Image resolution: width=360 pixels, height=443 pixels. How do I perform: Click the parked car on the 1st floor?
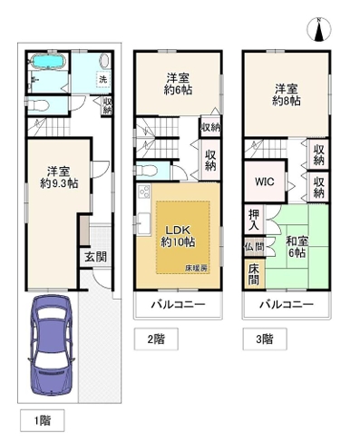tap(51, 345)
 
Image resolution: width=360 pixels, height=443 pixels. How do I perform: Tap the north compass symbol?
tap(318, 30)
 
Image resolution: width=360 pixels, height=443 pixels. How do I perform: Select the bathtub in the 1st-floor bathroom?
tap(48, 62)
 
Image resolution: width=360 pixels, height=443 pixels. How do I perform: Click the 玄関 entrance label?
tap(95, 257)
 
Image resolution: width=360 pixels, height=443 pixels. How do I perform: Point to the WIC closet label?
tap(265, 182)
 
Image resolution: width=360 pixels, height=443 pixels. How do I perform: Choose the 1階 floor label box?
tap(43, 420)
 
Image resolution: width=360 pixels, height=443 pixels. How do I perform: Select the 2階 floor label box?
tap(156, 340)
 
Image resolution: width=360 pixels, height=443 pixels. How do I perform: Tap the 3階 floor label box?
tap(265, 340)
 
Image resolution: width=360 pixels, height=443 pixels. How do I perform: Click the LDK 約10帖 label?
tap(178, 236)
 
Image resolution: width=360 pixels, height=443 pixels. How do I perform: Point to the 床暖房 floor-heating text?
tap(196, 268)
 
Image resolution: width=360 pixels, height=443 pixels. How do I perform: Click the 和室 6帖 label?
tap(297, 247)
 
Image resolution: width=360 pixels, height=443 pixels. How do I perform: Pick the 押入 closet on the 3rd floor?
tap(254, 220)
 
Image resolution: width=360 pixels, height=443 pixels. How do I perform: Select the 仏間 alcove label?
tap(254, 247)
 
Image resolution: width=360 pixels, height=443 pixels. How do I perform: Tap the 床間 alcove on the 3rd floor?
tap(254, 274)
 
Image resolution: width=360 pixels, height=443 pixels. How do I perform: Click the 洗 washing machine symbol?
tap(103, 79)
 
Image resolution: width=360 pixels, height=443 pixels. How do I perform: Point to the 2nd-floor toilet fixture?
tap(147, 172)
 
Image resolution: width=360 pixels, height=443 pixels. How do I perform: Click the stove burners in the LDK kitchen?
tap(144, 192)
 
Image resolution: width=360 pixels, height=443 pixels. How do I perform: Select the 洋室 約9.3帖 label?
tap(59, 177)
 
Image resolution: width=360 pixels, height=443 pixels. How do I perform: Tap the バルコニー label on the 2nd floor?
tap(178, 304)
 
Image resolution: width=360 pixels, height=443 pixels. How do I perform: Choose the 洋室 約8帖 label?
tap(287, 95)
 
